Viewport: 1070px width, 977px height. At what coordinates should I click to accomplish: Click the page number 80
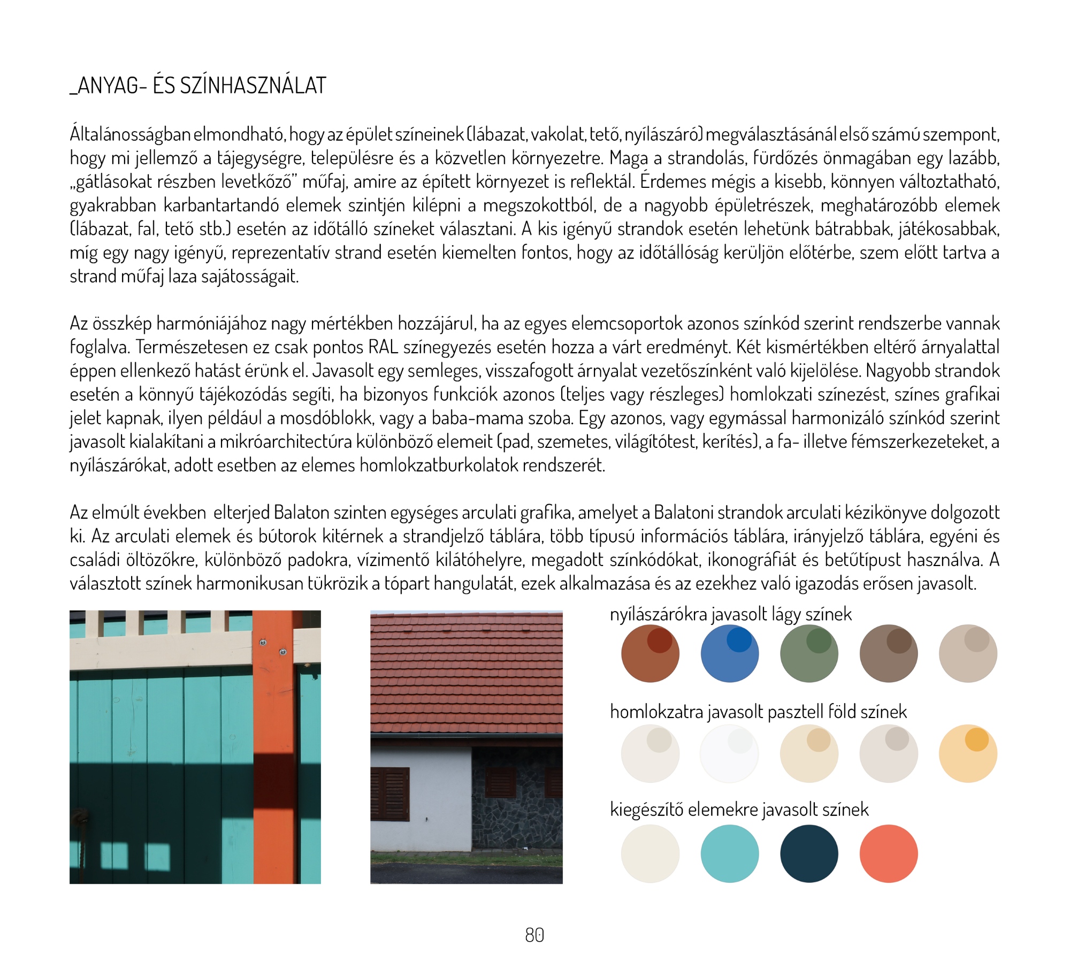534,935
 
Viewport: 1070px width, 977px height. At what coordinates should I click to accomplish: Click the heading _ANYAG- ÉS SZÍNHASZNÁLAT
198,86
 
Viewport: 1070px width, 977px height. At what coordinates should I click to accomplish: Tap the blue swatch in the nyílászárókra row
729,653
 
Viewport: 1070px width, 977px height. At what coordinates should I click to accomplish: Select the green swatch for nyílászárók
808,653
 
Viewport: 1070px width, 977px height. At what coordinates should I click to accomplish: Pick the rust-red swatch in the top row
650,653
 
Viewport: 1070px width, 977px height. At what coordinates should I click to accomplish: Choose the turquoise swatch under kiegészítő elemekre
729,853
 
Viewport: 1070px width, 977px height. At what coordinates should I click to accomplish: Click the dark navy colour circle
808,853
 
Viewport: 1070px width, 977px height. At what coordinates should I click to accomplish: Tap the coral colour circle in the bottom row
888,853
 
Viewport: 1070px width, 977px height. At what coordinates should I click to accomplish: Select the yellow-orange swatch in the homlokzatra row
968,753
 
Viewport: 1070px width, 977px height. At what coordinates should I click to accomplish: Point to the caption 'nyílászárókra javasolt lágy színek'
730,614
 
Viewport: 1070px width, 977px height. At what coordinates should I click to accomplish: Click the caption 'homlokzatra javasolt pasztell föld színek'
758,712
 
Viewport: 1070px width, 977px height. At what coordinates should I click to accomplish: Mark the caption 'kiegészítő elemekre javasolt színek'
739,810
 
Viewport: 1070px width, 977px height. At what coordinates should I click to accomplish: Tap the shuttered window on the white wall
389,794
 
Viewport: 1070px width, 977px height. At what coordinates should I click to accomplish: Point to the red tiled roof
466,674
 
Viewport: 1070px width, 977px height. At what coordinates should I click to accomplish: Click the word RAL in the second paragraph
383,347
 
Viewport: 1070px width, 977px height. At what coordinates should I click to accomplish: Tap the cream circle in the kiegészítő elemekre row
650,853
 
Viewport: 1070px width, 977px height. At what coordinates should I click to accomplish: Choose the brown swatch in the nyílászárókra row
888,653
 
